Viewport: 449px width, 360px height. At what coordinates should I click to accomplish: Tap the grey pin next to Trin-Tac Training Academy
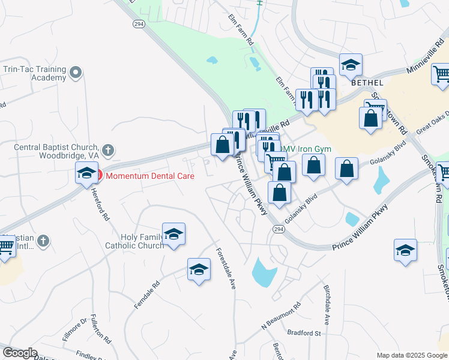click(76, 73)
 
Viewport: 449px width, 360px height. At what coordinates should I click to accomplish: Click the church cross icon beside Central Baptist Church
click(107, 149)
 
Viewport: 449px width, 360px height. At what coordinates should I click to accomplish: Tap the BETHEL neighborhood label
click(366, 83)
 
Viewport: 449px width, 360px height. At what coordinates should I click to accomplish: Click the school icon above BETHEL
click(351, 65)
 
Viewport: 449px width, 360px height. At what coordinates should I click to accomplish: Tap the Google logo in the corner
click(20, 353)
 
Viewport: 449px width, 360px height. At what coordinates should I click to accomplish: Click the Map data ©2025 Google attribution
click(412, 355)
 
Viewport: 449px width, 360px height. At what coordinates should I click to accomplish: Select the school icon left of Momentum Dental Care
click(86, 173)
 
